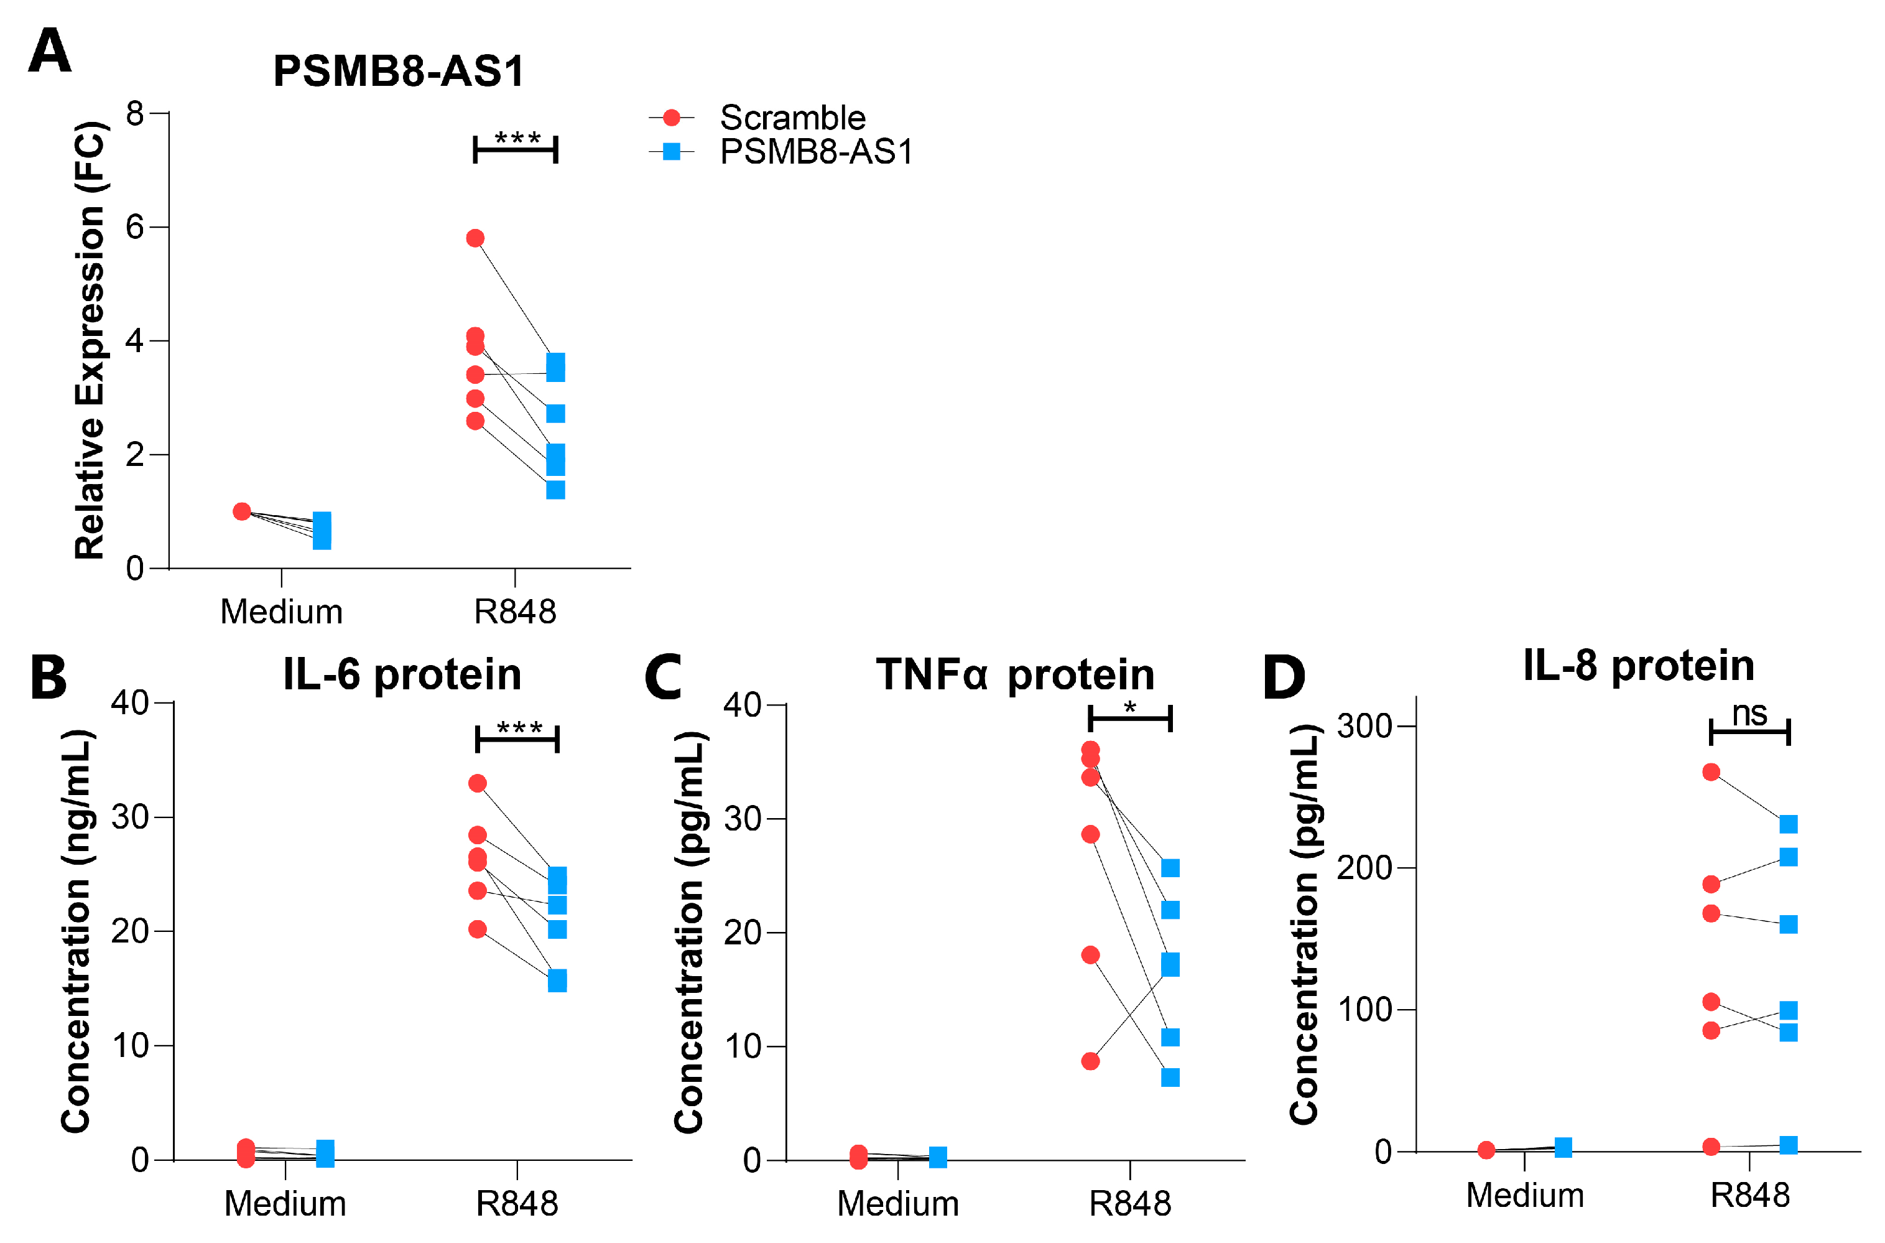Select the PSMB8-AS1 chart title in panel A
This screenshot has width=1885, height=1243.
pos(399,72)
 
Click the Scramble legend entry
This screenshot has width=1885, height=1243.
pos(792,118)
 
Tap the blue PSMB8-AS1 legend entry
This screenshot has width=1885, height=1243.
pos(815,151)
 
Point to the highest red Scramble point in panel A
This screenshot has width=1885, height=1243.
pos(475,239)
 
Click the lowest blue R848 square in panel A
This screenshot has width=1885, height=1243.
pos(555,490)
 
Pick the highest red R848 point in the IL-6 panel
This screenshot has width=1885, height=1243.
pos(477,783)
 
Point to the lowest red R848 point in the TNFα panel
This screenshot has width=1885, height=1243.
pos(1090,1061)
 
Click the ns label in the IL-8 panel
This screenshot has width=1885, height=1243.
pos(1749,714)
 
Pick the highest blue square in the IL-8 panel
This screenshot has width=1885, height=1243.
pos(1789,824)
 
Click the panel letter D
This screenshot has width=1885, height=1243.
pos(1284,677)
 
